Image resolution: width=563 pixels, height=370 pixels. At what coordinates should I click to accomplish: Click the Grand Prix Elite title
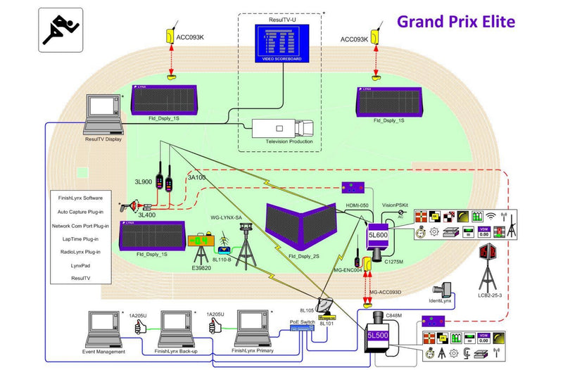point(455,20)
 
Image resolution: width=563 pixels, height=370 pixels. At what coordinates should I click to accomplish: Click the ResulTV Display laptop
point(103,113)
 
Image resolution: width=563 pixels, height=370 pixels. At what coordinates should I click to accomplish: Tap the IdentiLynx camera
point(444,291)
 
